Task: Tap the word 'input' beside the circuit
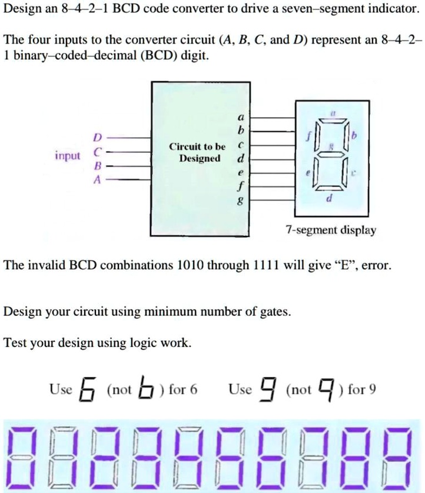coord(68,156)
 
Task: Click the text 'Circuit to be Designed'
coord(197,152)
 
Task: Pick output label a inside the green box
coord(238,116)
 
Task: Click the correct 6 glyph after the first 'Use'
coord(88,389)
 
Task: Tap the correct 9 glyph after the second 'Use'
coord(270,389)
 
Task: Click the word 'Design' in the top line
coord(21,9)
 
